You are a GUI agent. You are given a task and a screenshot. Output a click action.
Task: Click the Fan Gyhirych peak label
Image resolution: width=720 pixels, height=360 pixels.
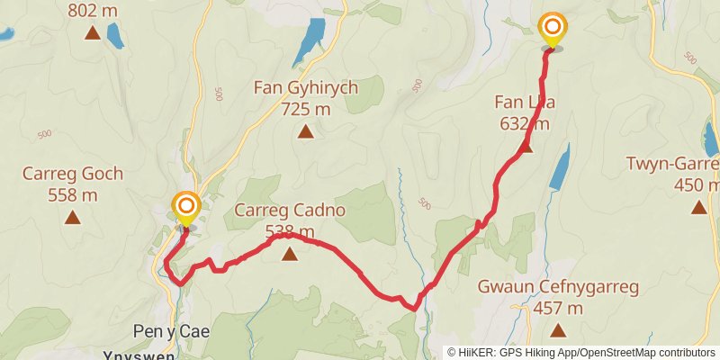[306, 89]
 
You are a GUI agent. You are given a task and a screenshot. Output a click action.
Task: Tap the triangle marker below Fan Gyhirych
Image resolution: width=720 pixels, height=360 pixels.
[306, 132]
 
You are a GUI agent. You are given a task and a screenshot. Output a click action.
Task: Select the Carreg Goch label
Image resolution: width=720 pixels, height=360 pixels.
[73, 174]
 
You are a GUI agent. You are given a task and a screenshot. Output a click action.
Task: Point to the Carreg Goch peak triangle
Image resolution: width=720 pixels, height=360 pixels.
[73, 217]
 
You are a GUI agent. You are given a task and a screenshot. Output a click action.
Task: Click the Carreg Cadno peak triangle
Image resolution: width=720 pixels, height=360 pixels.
[290, 255]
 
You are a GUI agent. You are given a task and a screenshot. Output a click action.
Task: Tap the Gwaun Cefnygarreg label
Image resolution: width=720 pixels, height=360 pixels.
[559, 288]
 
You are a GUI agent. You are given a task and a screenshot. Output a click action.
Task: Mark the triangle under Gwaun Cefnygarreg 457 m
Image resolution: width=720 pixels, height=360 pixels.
[559, 330]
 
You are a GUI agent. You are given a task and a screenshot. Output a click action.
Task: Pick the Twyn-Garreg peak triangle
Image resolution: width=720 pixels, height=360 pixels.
[698, 207]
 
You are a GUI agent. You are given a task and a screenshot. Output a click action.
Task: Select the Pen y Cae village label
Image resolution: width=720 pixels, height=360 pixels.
[171, 331]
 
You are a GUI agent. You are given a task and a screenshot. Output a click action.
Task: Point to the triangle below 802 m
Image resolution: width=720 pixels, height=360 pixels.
[92, 33]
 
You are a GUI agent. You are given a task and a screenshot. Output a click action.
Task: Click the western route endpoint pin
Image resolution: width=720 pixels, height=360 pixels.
[186, 208]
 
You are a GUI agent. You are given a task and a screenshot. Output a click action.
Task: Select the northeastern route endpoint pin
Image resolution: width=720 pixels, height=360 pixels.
[551, 29]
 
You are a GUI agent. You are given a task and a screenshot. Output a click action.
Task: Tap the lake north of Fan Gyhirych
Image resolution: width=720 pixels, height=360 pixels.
[311, 38]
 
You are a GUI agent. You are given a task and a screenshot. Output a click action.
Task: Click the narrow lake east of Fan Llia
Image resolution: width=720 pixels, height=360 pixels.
[559, 167]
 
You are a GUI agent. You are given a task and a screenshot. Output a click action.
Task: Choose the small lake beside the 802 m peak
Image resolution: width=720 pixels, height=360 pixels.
[115, 35]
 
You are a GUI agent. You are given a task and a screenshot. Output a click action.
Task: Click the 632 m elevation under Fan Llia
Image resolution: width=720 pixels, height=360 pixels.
[524, 123]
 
